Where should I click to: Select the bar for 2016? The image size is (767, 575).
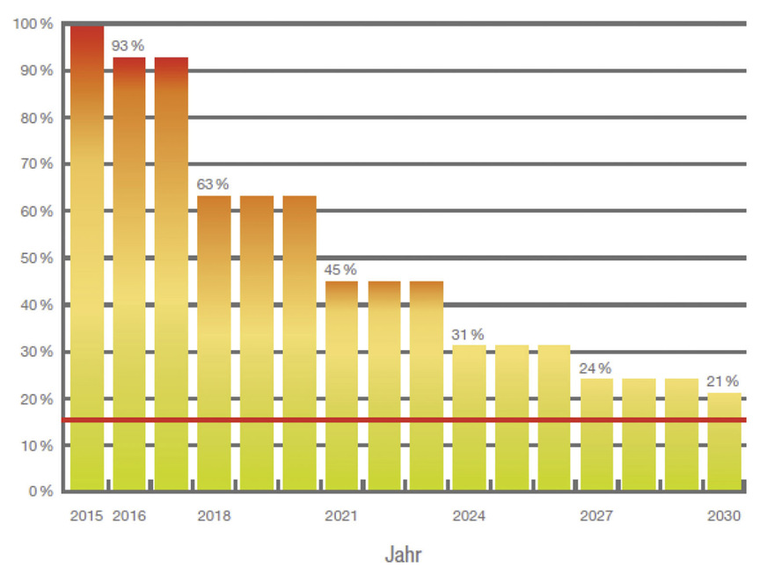[x=129, y=273]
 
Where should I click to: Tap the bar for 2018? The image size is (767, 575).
[x=214, y=343]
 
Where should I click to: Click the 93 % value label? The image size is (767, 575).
[x=128, y=45]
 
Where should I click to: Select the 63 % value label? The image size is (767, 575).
[x=212, y=184]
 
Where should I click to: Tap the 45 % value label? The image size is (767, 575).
[x=340, y=269]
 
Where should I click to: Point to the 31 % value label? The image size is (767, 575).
[x=468, y=334]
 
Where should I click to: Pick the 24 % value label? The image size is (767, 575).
[x=595, y=368]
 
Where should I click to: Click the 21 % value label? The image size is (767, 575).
[x=723, y=381]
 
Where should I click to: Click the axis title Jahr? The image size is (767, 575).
[x=405, y=555]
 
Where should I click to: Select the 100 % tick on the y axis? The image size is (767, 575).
[x=33, y=24]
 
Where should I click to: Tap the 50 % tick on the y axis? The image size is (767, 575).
[x=35, y=258]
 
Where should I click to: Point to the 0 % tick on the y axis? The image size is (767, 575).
[x=39, y=491]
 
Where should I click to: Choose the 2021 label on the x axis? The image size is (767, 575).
[x=341, y=516]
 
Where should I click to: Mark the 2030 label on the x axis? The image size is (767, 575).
[x=725, y=516]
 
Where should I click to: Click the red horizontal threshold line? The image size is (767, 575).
[x=405, y=420]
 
